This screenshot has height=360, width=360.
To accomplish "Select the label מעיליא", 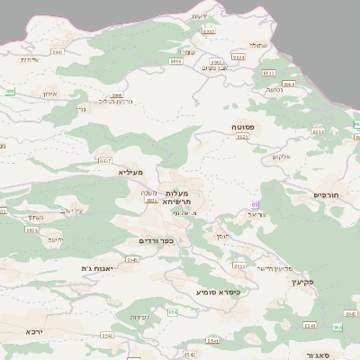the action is pos(130,171).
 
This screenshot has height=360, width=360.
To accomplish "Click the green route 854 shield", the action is pos(174,311).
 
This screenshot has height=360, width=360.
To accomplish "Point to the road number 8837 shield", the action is pos(105,160).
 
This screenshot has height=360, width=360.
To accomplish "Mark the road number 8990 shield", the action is pos(58,52).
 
